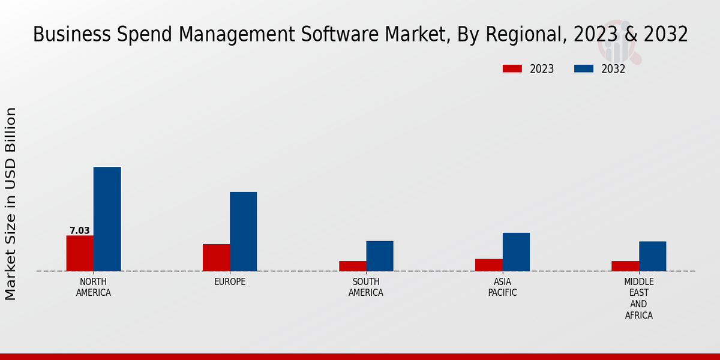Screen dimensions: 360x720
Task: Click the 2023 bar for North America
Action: [80, 253]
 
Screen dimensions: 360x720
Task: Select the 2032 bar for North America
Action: [107, 219]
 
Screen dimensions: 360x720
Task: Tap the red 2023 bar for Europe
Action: [216, 257]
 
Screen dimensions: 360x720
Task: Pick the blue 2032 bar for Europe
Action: [243, 232]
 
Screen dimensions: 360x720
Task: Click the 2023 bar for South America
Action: [352, 266]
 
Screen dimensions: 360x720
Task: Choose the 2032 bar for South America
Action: [380, 256]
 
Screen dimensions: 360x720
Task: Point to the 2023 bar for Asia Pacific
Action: [488, 265]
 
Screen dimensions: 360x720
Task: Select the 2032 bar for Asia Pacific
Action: [516, 252]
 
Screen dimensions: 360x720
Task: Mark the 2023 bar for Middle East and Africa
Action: [625, 266]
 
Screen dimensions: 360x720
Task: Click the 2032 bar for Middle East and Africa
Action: [652, 256]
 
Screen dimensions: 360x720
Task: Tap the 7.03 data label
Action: [80, 230]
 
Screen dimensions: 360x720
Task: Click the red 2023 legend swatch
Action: [512, 69]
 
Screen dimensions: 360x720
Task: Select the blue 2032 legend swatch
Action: [583, 69]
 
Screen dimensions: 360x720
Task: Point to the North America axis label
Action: [94, 287]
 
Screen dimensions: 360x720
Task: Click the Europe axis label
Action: [230, 282]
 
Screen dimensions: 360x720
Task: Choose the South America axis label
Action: [366, 287]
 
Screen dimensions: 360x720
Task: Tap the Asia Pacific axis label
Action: [502, 287]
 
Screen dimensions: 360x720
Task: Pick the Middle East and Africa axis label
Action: [638, 299]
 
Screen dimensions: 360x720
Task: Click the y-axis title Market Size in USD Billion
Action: [11, 204]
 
